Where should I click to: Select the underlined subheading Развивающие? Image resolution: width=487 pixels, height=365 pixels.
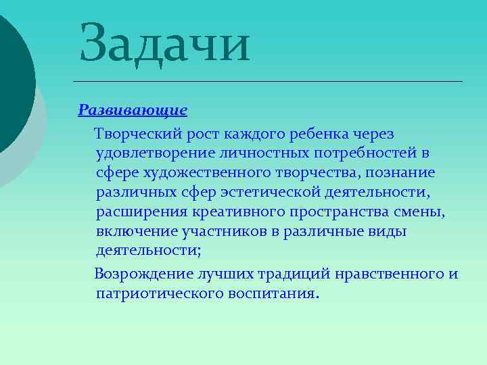pos(133,109)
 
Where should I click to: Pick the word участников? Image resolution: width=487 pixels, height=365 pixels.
pos(222,233)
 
